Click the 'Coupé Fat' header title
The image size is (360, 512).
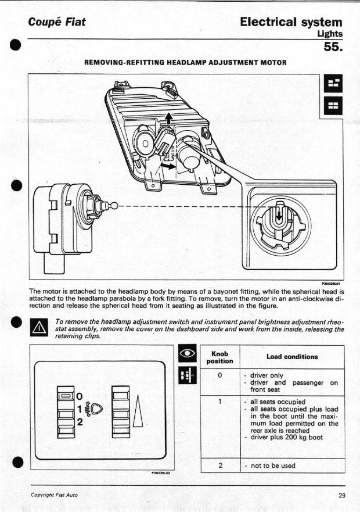tap(57, 22)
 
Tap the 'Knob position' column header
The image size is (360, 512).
tap(220, 357)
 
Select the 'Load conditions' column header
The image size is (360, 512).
tap(292, 356)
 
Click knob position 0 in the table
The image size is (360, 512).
tap(220, 375)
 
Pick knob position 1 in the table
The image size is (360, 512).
tap(220, 402)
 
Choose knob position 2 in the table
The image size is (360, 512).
tap(220, 466)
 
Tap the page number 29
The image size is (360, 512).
tap(341, 495)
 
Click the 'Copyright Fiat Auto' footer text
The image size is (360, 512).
tap(54, 495)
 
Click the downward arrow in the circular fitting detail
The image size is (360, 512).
tap(279, 215)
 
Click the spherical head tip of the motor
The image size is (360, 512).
tap(113, 205)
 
